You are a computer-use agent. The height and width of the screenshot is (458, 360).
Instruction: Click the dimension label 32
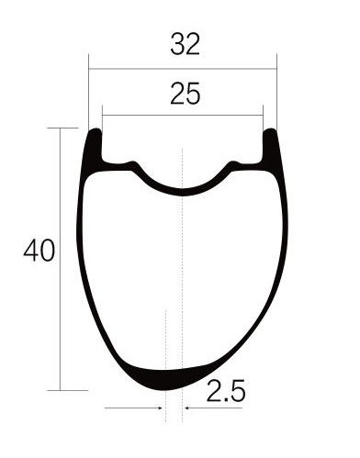[x=185, y=44]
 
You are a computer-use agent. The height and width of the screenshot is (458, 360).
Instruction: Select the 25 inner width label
[x=186, y=94]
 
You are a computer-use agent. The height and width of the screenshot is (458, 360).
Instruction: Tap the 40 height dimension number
[x=39, y=251]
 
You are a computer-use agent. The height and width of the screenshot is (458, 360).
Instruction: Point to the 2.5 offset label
[x=226, y=390]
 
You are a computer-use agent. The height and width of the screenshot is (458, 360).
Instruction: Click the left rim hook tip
[x=96, y=131]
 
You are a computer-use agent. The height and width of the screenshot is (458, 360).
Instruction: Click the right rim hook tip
[x=270, y=131]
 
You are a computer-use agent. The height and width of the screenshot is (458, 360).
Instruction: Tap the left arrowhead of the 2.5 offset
[x=160, y=408]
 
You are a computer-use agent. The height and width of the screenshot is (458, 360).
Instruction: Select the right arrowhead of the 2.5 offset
[x=187, y=408]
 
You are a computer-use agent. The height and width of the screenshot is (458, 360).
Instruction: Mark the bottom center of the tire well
[x=183, y=192]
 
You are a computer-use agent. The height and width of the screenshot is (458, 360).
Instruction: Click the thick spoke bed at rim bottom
[x=167, y=379]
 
